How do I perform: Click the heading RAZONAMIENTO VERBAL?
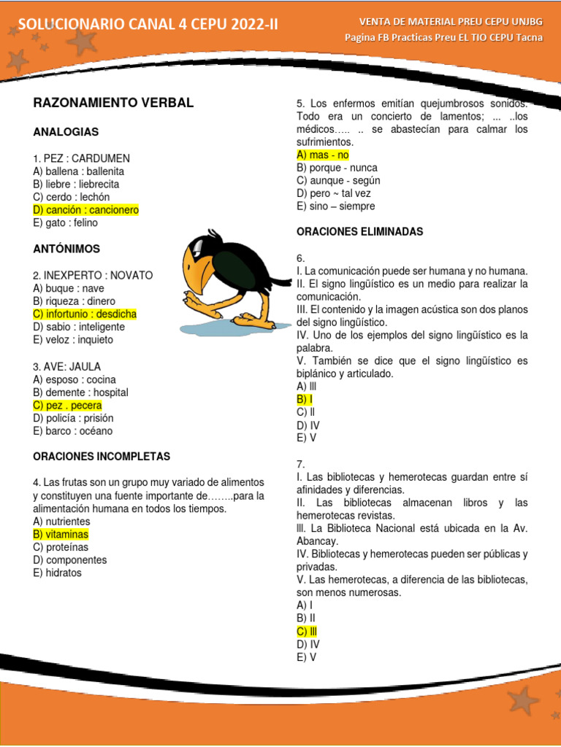tap(113, 103)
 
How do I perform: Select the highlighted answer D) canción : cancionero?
tap(85, 210)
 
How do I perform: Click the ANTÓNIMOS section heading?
tap(66, 249)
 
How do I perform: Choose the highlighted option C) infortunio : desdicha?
tap(85, 314)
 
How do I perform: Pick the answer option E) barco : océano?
tap(73, 431)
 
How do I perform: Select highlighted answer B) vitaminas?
tap(61, 535)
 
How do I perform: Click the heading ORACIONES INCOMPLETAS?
tap(102, 457)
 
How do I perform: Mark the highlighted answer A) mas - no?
tap(323, 155)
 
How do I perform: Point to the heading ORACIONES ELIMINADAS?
tap(360, 232)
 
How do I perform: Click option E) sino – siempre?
tap(335, 206)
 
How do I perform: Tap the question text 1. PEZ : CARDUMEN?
tap(82, 158)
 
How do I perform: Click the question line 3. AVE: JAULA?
tap(67, 366)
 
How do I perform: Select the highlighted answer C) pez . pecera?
tap(67, 406)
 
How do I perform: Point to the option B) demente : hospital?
tap(80, 392)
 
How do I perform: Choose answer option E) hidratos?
tap(58, 573)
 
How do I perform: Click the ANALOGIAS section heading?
tap(66, 132)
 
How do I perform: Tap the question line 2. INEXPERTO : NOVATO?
tap(93, 275)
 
